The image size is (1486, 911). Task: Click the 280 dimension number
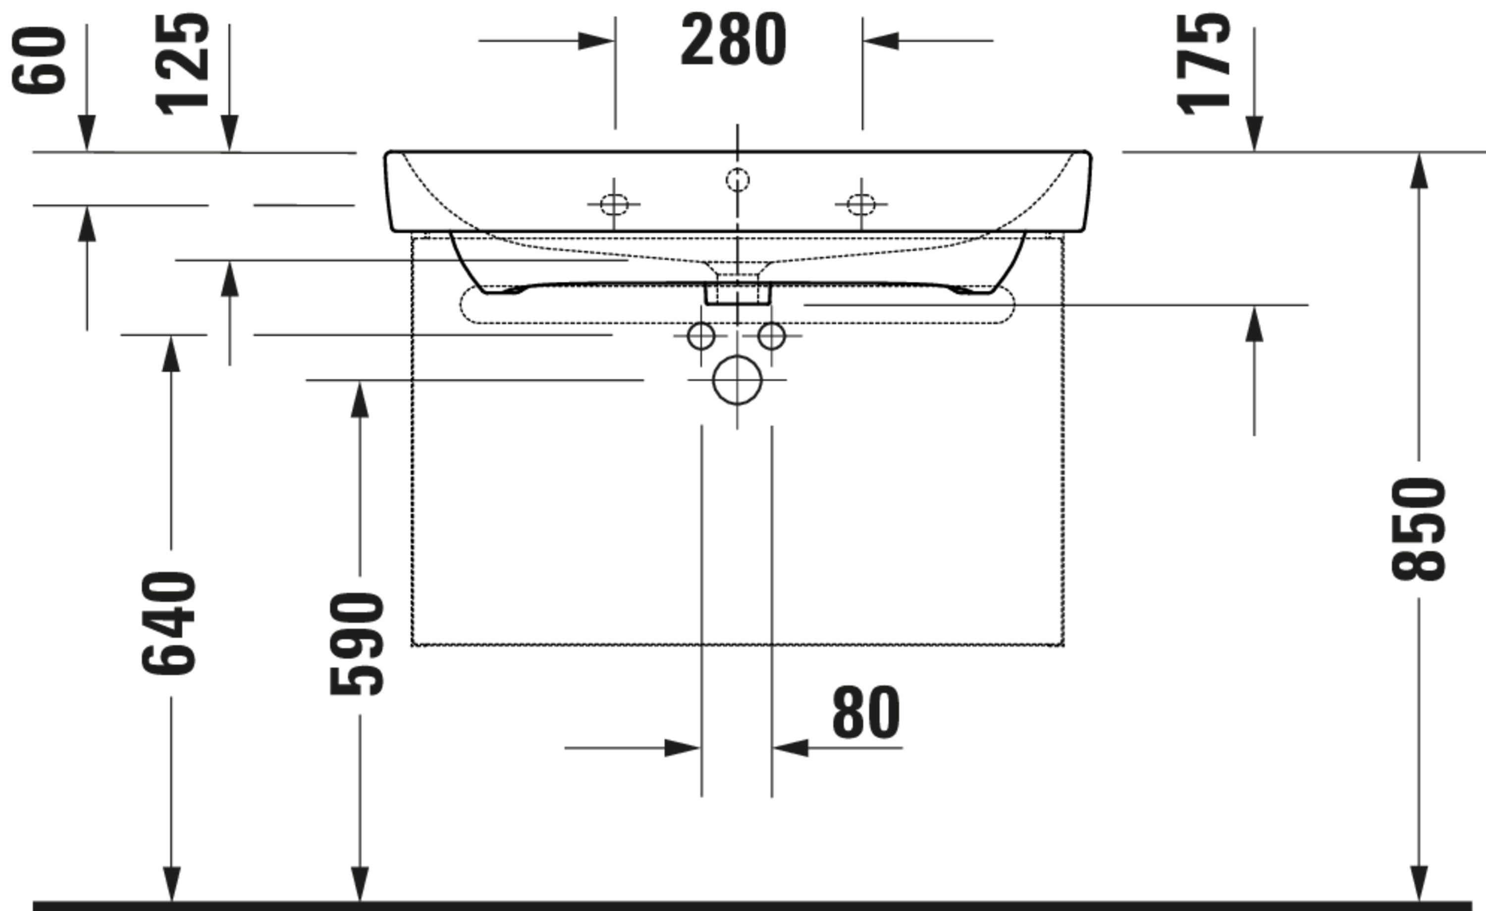(734, 40)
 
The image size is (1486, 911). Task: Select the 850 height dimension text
(1419, 529)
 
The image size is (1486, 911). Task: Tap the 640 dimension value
(169, 623)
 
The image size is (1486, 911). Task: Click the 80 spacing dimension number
(866, 712)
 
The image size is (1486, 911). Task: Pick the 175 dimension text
(1203, 64)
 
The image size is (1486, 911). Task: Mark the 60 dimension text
(39, 60)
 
